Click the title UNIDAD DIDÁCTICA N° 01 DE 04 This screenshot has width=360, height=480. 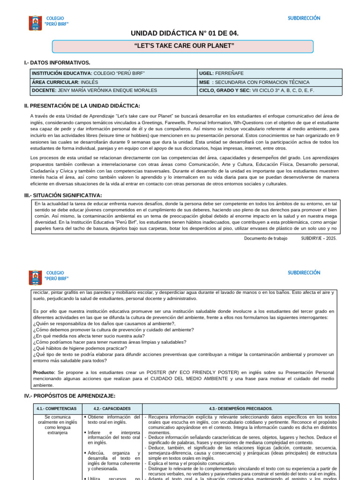pos(184,33)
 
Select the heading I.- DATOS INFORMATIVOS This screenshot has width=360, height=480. pos(57,62)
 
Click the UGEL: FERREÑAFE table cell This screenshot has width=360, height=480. pos(270,74)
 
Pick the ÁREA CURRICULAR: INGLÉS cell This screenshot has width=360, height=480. pos(113,82)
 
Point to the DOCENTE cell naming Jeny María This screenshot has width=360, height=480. pos(113,90)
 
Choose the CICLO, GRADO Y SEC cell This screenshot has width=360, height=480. pos(270,90)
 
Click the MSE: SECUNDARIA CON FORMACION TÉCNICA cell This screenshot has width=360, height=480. pos(270,82)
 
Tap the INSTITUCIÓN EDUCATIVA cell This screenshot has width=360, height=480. pos(113,74)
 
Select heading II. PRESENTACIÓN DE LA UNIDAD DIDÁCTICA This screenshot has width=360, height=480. pos(82,105)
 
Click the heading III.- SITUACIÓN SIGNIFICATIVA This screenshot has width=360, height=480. pos(63,195)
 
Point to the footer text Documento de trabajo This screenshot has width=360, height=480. pos(265,238)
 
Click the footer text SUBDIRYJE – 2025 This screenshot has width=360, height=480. pos(319,238)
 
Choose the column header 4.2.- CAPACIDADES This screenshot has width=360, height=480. pos(112,409)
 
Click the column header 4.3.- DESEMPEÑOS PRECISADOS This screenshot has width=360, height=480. pos(241,409)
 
